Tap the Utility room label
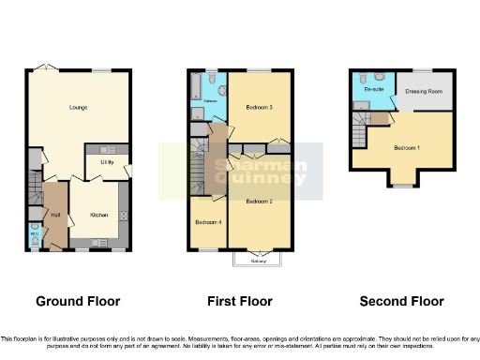pyautogui.click(x=105, y=161)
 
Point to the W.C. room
pyautogui.click(x=34, y=233)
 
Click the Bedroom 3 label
pyautogui.click(x=259, y=108)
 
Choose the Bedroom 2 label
pyautogui.click(x=259, y=202)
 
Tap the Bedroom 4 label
pyautogui.click(x=207, y=222)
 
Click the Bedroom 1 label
pyautogui.click(x=406, y=148)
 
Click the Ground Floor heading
pyautogui.click(x=78, y=301)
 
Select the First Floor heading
pyautogui.click(x=240, y=301)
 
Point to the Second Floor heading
pyautogui.click(x=401, y=301)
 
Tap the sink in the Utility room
pyautogui.click(x=105, y=149)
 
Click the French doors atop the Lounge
pyautogui.click(x=42, y=67)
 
